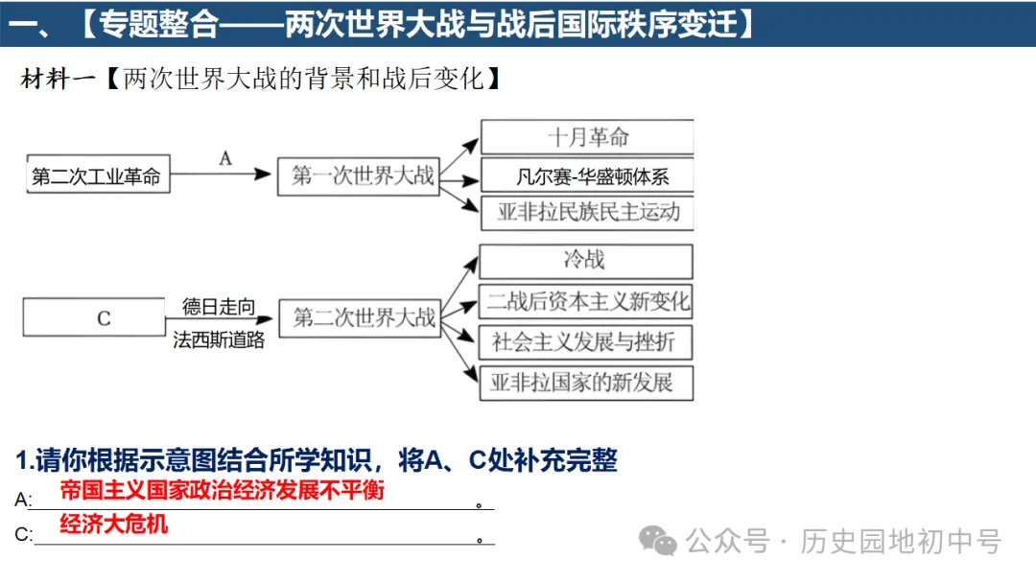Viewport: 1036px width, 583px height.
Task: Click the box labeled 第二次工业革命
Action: click(x=97, y=176)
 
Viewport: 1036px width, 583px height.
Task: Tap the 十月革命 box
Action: click(x=586, y=137)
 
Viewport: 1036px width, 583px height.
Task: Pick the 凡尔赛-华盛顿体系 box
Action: click(x=586, y=176)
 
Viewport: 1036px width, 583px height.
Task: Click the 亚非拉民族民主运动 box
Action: click(x=586, y=213)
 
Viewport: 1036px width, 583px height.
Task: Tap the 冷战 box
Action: click(x=584, y=261)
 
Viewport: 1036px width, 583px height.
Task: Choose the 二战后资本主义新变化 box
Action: click(x=586, y=301)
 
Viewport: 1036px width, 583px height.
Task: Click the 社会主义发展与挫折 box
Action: click(x=586, y=341)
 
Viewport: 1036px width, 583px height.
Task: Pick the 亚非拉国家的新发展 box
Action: click(x=586, y=383)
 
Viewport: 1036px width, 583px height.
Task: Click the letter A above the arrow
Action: click(x=225, y=158)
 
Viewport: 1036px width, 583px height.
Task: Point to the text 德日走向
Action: click(x=219, y=307)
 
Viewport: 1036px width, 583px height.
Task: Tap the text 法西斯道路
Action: click(x=219, y=338)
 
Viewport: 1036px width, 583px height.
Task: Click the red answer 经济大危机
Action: click(x=113, y=524)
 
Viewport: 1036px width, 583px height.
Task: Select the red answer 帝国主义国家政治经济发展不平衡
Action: click(x=222, y=490)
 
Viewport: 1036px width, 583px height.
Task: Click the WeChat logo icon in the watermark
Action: click(x=659, y=541)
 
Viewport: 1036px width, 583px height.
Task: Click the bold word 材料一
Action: click(x=59, y=79)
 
